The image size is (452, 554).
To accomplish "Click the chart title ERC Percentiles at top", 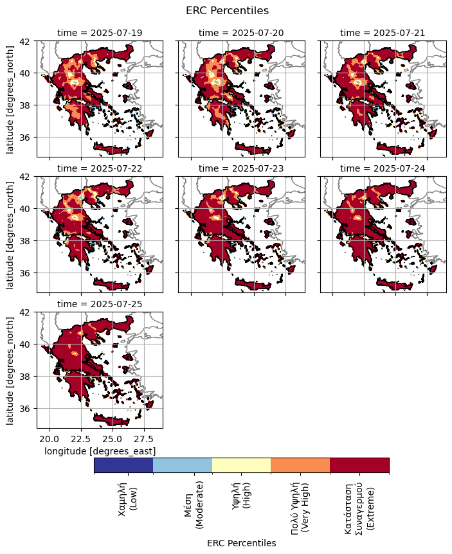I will pos(227,11).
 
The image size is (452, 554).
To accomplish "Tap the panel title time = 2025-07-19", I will pos(100,33).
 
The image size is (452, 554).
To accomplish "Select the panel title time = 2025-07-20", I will pos(241,33).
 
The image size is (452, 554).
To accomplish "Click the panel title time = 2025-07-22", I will pos(100,168).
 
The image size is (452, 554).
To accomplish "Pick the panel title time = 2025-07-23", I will pos(241,168).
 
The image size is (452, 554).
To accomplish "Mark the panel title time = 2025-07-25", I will pos(100,304).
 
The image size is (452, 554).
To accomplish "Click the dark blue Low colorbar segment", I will pos(123,465).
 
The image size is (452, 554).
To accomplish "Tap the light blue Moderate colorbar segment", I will pos(183,465).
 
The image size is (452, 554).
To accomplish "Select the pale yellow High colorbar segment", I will pos(241,465).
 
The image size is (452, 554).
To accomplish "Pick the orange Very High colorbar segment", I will pos(300,465).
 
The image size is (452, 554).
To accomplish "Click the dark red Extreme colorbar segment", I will pos(359,465).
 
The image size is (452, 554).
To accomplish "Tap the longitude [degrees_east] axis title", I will pos(100,452).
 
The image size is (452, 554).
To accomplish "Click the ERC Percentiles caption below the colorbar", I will pos(241,543).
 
